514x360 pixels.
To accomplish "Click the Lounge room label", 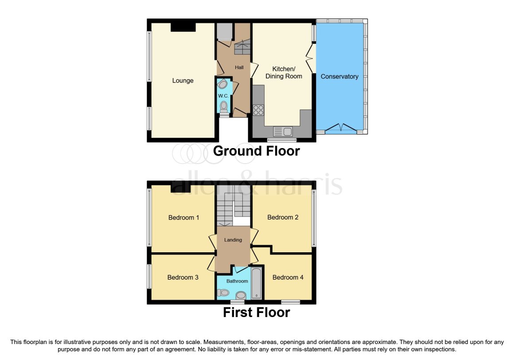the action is click(x=183, y=81).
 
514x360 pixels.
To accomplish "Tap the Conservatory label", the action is click(x=339, y=76).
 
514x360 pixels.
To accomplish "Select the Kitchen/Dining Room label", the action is click(x=284, y=72).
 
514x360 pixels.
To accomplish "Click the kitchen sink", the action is click(x=283, y=132).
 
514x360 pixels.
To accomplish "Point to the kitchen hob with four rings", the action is click(x=258, y=110).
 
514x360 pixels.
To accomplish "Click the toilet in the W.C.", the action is click(x=224, y=107).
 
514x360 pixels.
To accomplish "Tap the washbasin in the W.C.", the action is click(x=222, y=84).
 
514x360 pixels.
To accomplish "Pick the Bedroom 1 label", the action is click(x=183, y=217).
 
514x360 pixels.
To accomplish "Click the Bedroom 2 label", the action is click(x=283, y=217).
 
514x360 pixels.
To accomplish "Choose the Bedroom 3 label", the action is click(x=183, y=278).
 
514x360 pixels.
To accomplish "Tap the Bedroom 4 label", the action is click(x=288, y=278).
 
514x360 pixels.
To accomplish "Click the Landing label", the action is click(x=233, y=240).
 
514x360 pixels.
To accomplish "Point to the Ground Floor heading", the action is click(x=257, y=151).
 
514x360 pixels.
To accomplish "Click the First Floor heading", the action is click(x=257, y=313).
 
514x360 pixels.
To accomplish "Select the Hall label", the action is click(x=239, y=67).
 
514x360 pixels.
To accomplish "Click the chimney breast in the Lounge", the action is click(x=183, y=27).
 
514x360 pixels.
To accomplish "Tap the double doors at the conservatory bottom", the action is click(x=341, y=127).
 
